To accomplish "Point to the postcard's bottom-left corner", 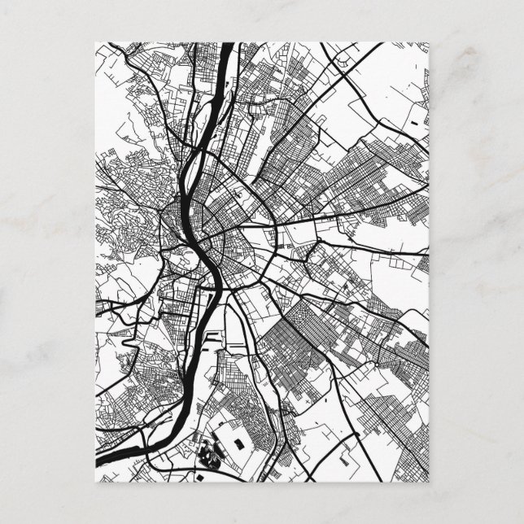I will click(96, 483).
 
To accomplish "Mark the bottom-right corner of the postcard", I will click(429, 483).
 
